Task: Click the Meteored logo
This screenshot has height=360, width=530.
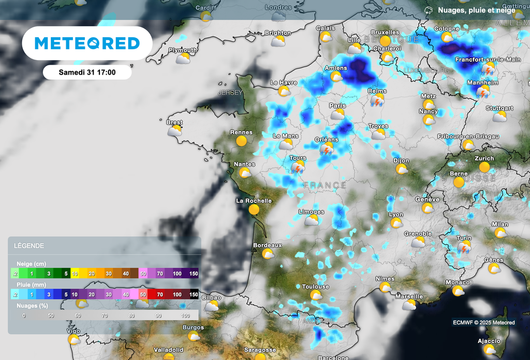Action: tap(87, 43)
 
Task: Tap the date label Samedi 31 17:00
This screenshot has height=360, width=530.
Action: tap(87, 72)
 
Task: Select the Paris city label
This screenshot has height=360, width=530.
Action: tap(337, 106)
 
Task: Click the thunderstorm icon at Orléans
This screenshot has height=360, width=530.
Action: tap(327, 149)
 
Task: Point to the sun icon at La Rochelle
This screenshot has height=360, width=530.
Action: tap(254, 210)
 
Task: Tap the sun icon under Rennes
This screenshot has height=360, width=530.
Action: tap(241, 140)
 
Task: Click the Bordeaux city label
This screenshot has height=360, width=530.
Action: tap(267, 245)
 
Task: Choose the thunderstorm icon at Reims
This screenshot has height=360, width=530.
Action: tap(377, 100)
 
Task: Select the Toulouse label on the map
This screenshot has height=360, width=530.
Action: tap(315, 286)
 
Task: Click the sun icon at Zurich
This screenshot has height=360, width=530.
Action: tap(484, 167)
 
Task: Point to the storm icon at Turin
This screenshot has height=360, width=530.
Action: tap(464, 247)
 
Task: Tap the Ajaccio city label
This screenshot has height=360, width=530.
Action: tap(489, 341)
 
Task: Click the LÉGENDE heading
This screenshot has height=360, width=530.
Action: tap(29, 246)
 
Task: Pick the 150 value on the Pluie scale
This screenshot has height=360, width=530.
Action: tap(194, 295)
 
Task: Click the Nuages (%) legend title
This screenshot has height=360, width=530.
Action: tap(34, 306)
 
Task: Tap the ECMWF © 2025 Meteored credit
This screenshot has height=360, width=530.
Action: tap(483, 323)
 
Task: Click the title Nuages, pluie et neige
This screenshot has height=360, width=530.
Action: tap(476, 10)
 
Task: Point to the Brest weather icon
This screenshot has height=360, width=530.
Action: tap(175, 131)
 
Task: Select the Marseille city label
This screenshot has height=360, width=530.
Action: tap(409, 297)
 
